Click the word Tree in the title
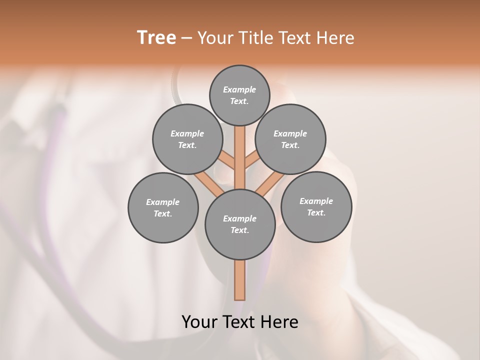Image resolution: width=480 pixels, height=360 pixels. coord(156,38)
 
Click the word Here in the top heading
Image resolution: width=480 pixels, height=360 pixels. coord(336,38)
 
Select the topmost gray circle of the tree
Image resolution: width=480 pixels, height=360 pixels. coord(239,95)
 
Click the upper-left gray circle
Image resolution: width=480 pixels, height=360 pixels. coord(187,139)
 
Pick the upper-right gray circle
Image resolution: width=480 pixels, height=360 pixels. coord(290,139)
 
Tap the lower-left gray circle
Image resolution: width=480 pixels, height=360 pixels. coord(163,207)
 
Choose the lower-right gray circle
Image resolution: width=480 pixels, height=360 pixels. coord(316,206)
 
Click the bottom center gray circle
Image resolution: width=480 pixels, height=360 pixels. coord(240,224)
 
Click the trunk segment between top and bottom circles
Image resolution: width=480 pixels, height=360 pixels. coord(240,157)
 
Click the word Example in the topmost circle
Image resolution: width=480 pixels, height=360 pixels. coord(239,89)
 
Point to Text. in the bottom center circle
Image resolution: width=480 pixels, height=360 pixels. coord(239,230)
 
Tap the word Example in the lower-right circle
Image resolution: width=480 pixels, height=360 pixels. coord(316,201)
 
